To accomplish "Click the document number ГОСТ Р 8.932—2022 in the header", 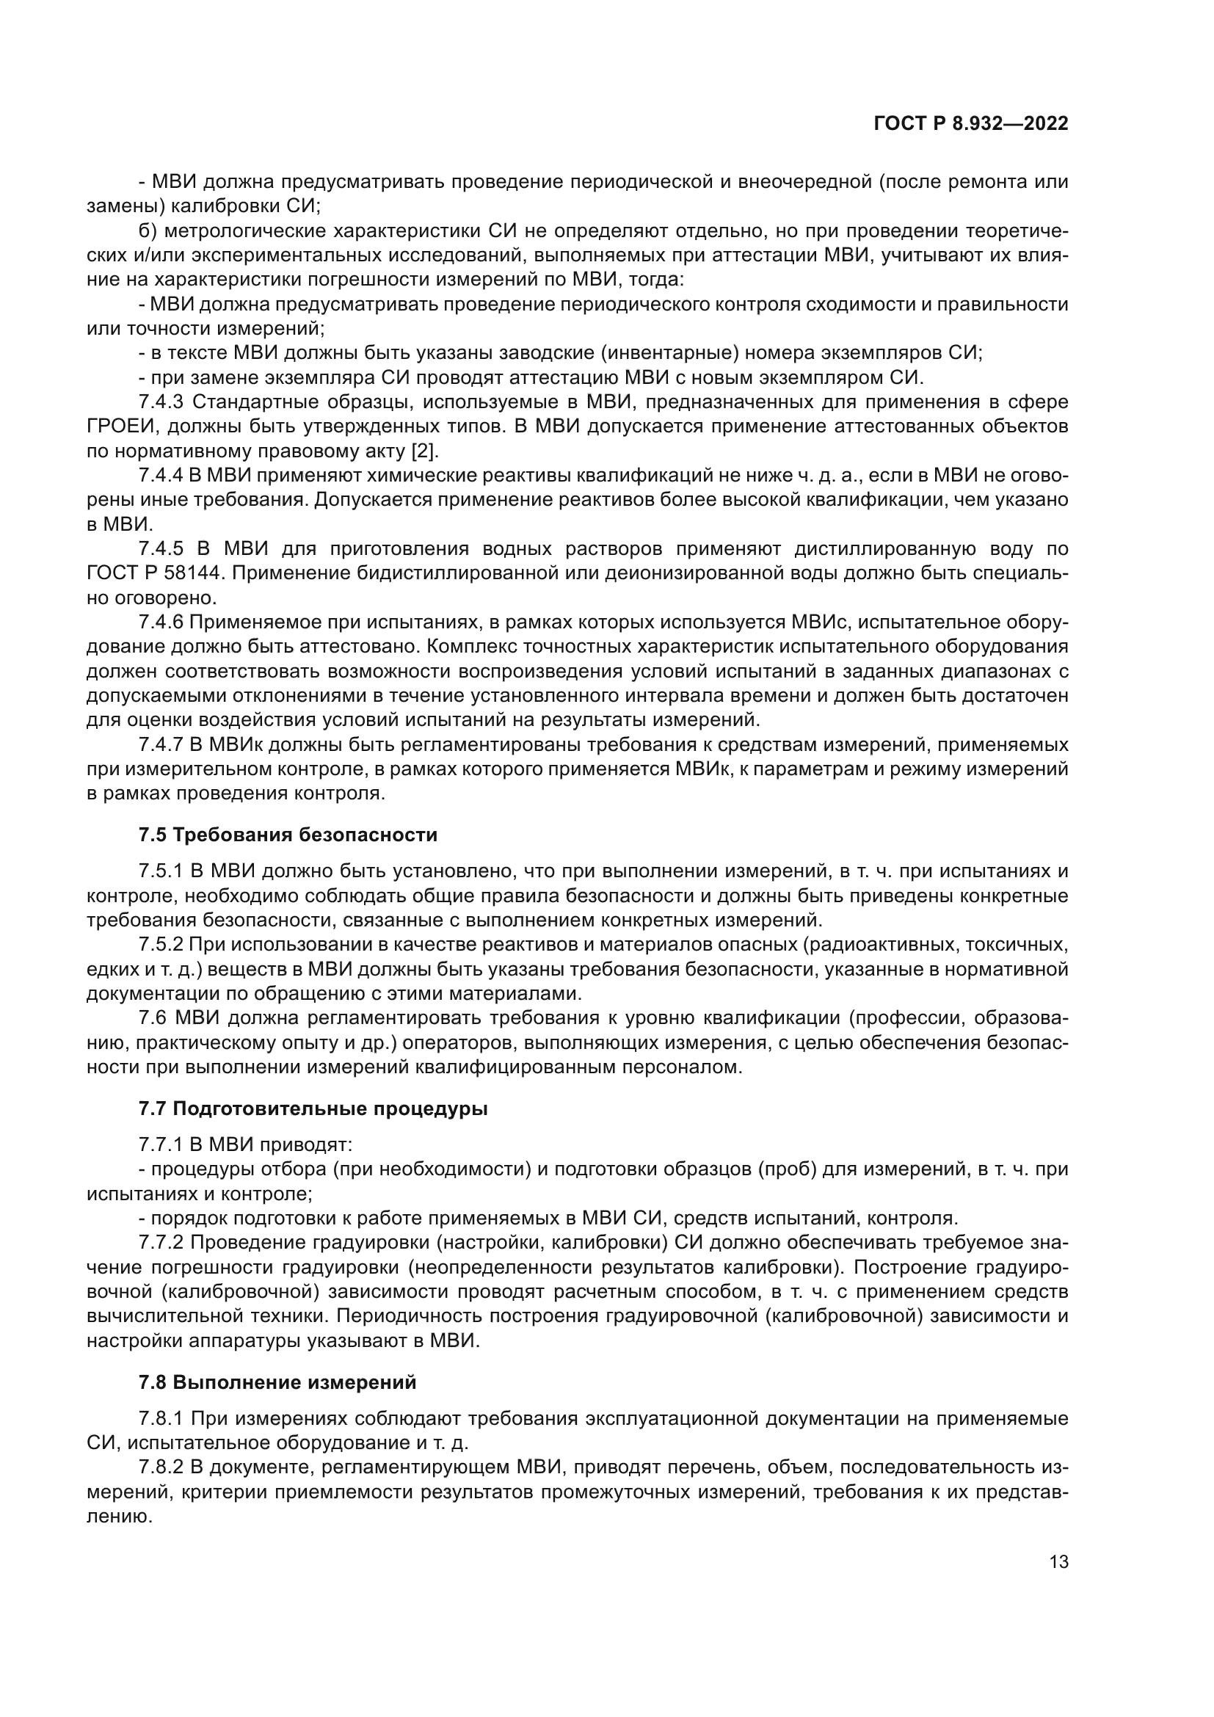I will tap(970, 124).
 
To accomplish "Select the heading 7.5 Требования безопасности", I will tap(288, 835).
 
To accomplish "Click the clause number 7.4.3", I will tap(161, 402).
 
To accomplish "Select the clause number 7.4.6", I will tap(161, 622).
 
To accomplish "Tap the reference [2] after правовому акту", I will tap(424, 451).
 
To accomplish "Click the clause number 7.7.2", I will tap(161, 1242).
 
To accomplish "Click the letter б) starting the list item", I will tap(148, 231).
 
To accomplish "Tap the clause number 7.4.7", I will tap(161, 744).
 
